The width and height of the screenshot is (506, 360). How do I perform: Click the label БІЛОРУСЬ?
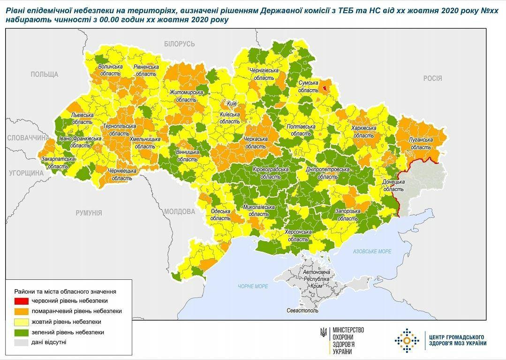179,44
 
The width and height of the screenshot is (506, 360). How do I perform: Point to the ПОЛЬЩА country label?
44,74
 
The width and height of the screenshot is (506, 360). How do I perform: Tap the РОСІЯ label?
432,78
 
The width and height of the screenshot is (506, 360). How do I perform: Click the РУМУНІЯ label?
89,213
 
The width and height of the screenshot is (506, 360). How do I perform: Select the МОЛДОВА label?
180,212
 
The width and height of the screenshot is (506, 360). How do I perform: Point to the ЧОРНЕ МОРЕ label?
253,286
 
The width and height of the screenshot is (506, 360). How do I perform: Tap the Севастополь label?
302,311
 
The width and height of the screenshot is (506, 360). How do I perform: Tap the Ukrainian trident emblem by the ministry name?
324,331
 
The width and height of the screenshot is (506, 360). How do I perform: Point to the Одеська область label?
220,214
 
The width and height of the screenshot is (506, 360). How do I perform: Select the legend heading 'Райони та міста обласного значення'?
65,291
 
